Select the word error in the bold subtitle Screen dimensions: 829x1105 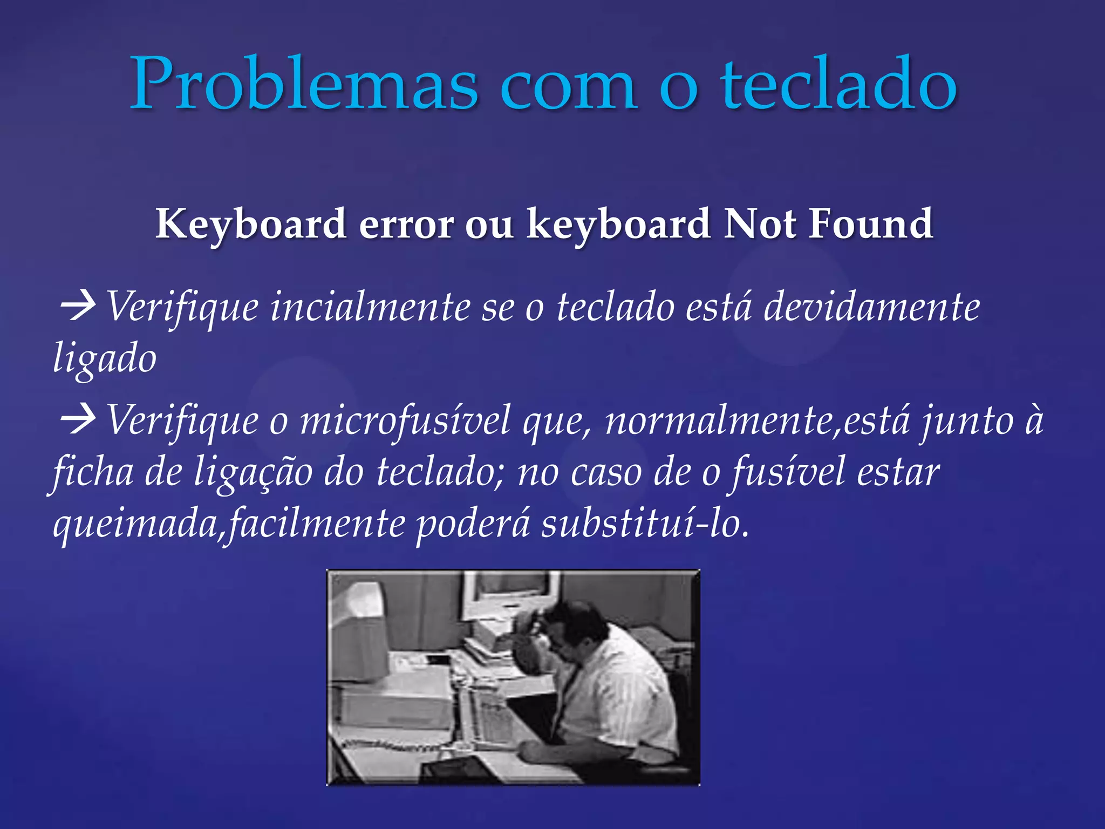pyautogui.click(x=406, y=223)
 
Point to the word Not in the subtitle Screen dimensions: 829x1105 pyautogui.click(x=760, y=223)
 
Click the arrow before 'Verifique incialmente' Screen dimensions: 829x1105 pyautogui.click(x=78, y=306)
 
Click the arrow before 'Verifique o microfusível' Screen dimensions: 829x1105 pyautogui.click(x=78, y=420)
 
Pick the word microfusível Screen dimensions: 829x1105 pyautogui.click(x=405, y=420)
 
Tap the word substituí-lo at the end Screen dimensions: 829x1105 pyautogui.click(x=645, y=524)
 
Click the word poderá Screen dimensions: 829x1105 pyautogui.click(x=473, y=524)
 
